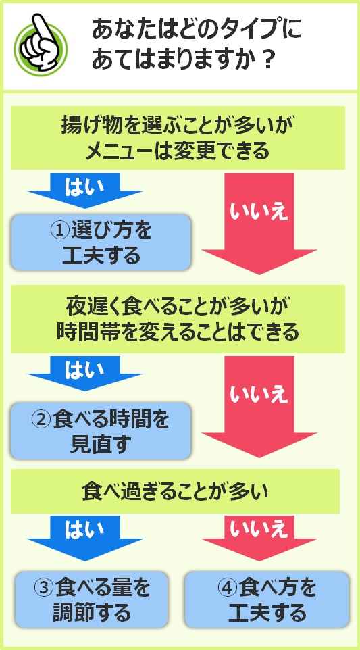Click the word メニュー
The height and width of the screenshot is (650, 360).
click(124, 152)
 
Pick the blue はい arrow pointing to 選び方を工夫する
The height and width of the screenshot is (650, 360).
click(85, 191)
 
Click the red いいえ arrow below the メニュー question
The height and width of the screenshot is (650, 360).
click(259, 224)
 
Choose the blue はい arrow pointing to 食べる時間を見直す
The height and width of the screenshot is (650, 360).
click(85, 373)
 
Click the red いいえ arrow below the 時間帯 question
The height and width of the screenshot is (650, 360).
click(259, 407)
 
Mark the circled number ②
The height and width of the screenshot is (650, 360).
click(42, 420)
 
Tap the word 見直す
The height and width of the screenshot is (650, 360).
click(101, 445)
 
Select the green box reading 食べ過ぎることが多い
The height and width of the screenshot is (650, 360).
click(175, 491)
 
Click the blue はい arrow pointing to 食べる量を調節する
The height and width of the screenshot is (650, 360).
click(85, 538)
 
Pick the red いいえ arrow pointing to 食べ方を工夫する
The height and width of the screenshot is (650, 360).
click(259, 538)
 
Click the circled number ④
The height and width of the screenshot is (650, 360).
click(227, 587)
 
